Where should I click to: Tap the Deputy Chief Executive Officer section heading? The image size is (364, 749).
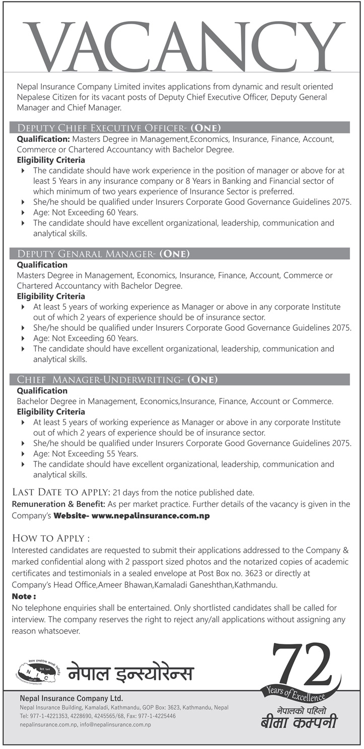click(119, 127)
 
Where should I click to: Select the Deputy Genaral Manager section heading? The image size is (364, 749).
click(104, 254)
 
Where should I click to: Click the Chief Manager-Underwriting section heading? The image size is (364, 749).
click(117, 380)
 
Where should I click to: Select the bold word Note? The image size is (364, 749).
click(24, 596)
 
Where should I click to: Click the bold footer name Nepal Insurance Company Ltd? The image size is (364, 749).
click(71, 698)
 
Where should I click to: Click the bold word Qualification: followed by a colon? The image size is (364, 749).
click(44, 138)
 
